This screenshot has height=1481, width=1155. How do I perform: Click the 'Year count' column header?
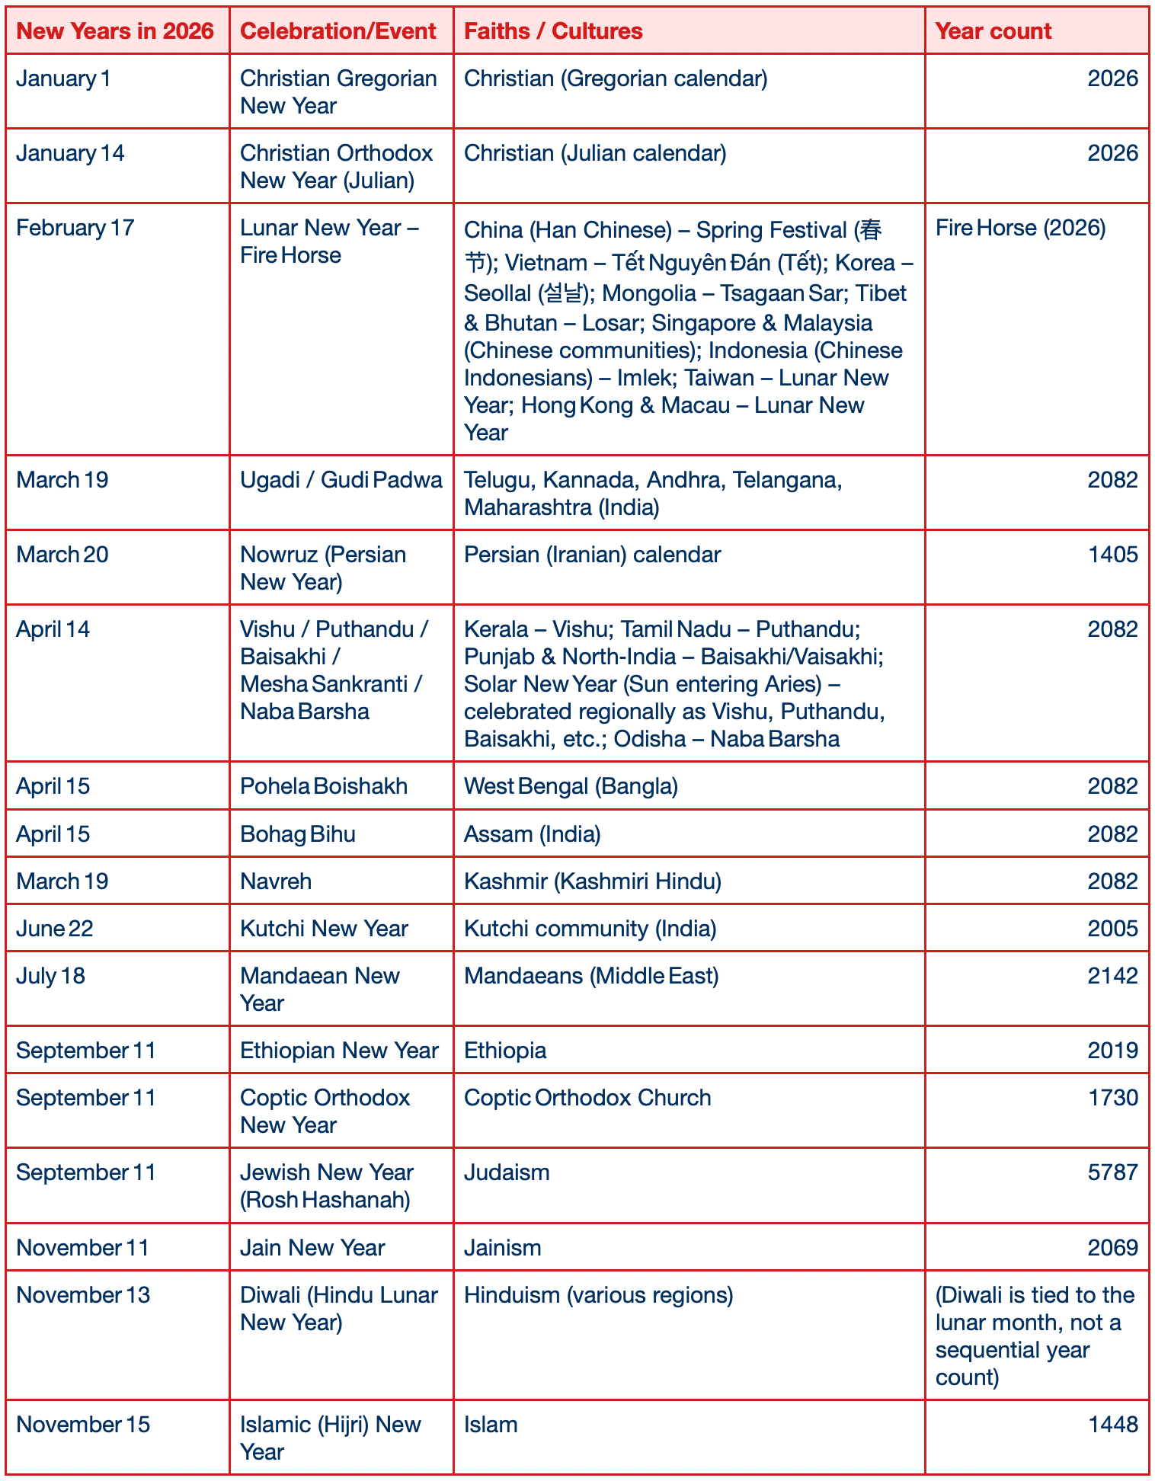pyautogui.click(x=993, y=31)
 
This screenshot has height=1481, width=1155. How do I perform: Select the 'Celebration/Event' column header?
pyautogui.click(x=338, y=31)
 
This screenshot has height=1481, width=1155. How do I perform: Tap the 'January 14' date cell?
pyautogui.click(x=70, y=153)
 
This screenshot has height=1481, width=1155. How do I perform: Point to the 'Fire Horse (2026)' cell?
pyautogui.click(x=1020, y=228)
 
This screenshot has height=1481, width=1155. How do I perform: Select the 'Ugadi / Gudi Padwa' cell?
pyautogui.click(x=341, y=480)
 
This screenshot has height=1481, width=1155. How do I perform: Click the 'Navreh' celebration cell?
pyautogui.click(x=276, y=881)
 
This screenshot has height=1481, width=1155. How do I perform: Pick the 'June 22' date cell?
pyautogui.click(x=55, y=929)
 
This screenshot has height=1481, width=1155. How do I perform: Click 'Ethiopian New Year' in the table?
pyautogui.click(x=339, y=1051)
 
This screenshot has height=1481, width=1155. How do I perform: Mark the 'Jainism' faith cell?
pyautogui.click(x=503, y=1248)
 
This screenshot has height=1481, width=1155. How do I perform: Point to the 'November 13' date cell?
pyautogui.click(x=83, y=1295)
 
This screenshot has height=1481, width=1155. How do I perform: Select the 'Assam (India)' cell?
pyautogui.click(x=532, y=834)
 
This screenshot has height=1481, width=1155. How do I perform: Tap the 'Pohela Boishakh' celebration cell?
pyautogui.click(x=323, y=786)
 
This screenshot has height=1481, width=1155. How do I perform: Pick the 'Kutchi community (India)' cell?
pyautogui.click(x=590, y=929)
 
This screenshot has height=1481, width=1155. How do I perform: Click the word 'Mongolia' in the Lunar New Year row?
pyautogui.click(x=648, y=293)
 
